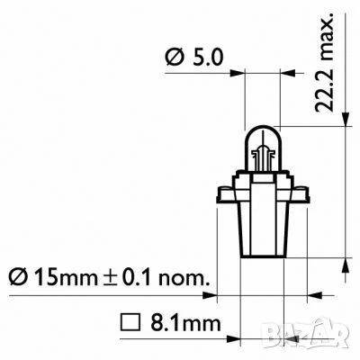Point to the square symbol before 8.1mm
pos(128,319)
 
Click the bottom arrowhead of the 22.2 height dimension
pos(346,265)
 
